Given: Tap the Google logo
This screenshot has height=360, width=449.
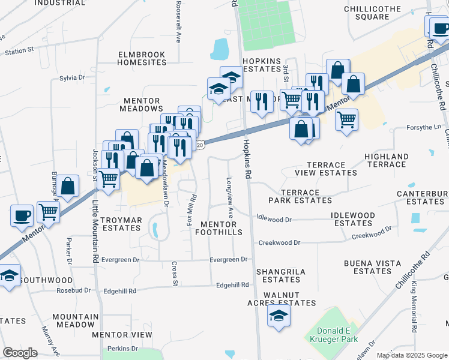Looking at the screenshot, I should pos(20,353).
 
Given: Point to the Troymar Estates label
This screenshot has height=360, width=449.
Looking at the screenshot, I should pos(121,224).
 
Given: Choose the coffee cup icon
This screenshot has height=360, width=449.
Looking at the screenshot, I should pos(22,217).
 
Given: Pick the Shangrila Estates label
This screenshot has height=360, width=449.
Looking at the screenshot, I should pos(281,275).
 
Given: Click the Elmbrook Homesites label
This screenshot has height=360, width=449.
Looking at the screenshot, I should pos(142,58).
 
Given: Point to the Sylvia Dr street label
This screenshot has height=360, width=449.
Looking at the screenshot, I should pos(73,78).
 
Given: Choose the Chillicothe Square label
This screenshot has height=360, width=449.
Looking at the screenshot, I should pos(375,13).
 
